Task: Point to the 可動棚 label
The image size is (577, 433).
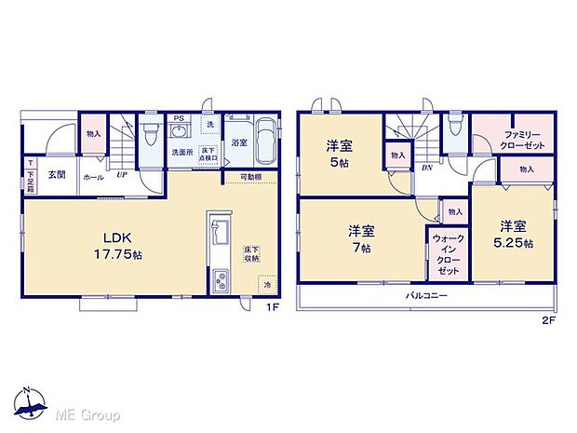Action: (250, 177)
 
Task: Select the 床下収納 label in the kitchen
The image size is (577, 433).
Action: (251, 254)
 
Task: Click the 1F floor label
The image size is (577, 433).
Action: (274, 308)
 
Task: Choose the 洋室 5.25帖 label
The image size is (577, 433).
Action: (515, 234)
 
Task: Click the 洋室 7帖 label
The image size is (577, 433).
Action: (362, 238)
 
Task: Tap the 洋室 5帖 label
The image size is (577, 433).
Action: (338, 152)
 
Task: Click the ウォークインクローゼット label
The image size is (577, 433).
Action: (447, 253)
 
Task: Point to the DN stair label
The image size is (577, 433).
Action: (425, 168)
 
